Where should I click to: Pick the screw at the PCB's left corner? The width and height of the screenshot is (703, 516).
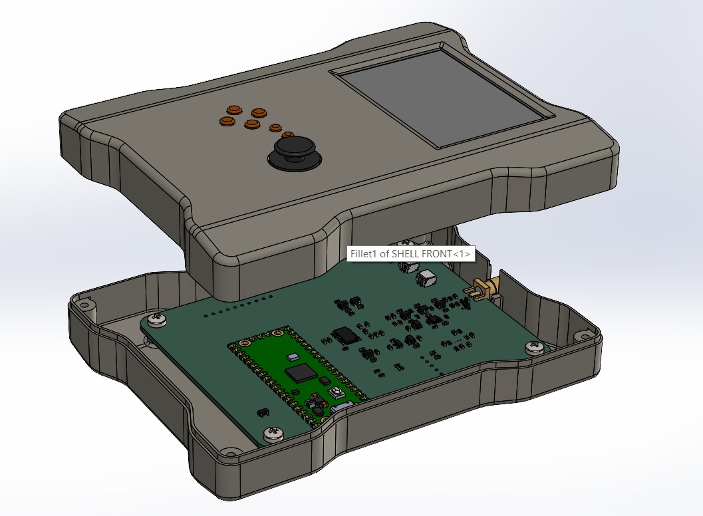pyautogui.click(x=157, y=320)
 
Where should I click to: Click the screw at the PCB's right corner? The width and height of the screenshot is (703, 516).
pyautogui.click(x=533, y=347)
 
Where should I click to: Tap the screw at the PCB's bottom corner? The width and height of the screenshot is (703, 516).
pyautogui.click(x=271, y=434)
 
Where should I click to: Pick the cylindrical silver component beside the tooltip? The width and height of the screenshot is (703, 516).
pyautogui.click(x=426, y=278)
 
